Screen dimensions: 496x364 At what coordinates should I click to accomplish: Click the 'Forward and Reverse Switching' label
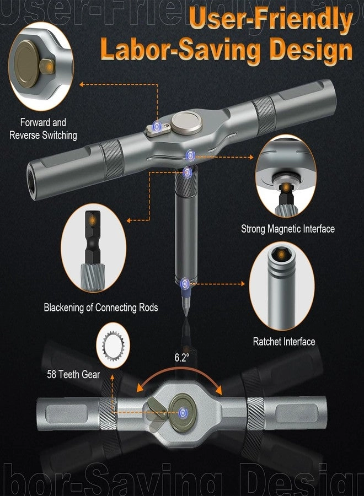click(43, 128)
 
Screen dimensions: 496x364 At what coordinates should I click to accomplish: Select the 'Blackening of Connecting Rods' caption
click(101, 308)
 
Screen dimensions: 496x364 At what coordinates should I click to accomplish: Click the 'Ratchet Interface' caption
click(284, 342)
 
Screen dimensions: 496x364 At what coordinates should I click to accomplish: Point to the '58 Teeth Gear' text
click(73, 375)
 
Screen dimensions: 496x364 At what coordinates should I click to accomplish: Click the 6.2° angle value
click(182, 357)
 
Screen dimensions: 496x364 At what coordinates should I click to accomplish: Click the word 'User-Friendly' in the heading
click(270, 22)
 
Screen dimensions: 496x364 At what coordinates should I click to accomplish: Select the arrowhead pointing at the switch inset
click(82, 84)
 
